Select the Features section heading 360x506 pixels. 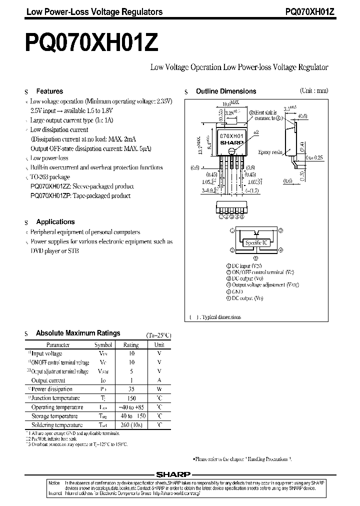coord(49,91)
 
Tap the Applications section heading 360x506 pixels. coord(55,221)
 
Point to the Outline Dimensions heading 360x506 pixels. coord(225,91)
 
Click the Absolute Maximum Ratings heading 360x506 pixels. coord(78,333)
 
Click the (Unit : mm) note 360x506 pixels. coord(314,90)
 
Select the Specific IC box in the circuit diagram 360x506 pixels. coord(256,242)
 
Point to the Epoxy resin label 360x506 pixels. coord(270,152)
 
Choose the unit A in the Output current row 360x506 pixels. coord(159,380)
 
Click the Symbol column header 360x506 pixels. coord(103,344)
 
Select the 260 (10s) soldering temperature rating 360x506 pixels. coord(131,425)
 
